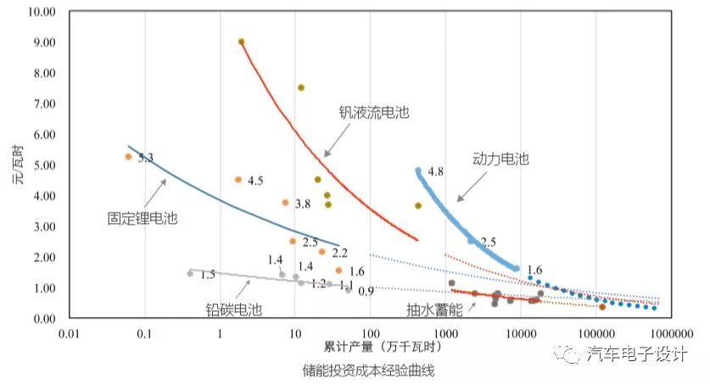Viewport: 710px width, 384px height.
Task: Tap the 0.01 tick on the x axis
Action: point(70,332)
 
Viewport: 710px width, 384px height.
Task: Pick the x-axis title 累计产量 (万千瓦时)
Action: point(371,348)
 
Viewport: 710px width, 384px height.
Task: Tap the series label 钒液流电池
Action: point(373,113)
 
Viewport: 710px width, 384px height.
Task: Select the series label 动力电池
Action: point(500,159)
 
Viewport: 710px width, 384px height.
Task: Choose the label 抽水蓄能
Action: point(433,310)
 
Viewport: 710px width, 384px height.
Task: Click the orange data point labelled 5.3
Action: point(128,157)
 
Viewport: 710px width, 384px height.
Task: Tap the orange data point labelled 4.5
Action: point(238,180)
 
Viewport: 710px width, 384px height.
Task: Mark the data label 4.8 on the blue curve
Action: point(436,171)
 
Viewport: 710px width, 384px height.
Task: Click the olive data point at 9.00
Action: point(241,42)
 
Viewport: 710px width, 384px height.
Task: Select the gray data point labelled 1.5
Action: point(190,273)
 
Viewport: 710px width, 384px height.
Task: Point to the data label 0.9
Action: point(366,292)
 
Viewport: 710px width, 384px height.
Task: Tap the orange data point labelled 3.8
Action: point(285,203)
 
